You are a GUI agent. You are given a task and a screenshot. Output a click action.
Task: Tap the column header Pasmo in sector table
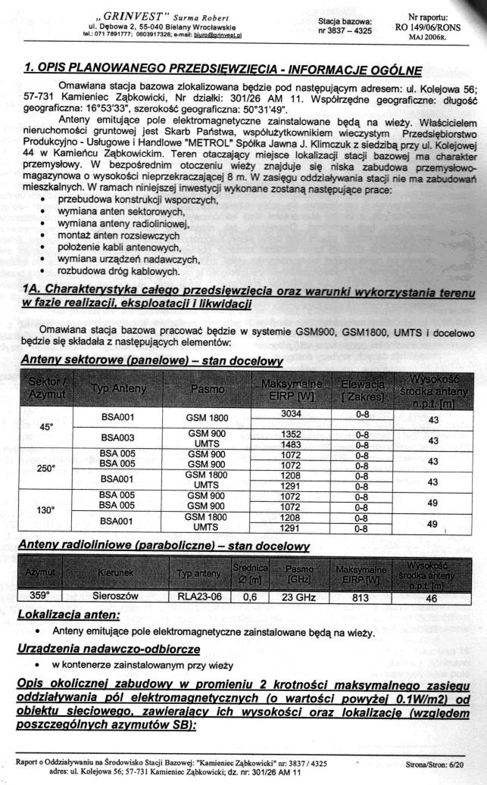[x=207, y=389]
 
